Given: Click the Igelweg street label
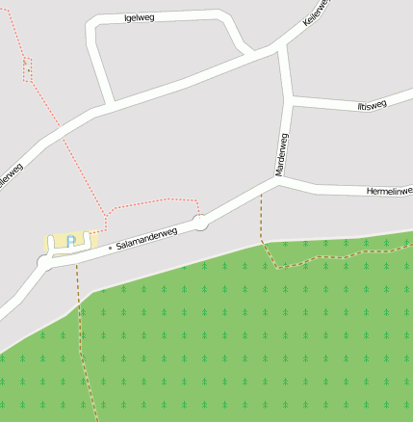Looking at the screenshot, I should coord(141,18).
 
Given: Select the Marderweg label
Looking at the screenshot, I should coord(282,154).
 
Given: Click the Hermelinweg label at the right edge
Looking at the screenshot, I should coord(389,192).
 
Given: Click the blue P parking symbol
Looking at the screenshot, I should coord(70,242).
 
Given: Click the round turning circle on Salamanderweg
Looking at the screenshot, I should coord(200,224).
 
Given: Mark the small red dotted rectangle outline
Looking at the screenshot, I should coord(28,69).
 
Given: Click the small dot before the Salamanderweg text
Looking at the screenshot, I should coord(110,248).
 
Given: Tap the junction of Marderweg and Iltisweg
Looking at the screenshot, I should coord(290,98).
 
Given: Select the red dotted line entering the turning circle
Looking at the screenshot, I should coord(197,209).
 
